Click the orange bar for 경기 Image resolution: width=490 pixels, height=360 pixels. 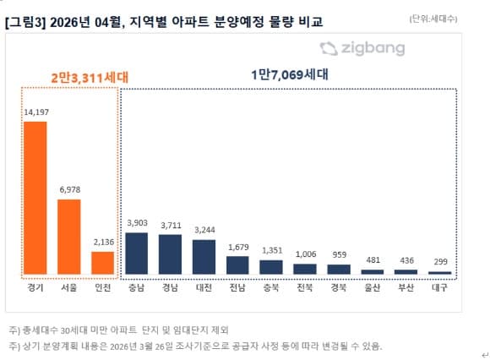pos(35,198)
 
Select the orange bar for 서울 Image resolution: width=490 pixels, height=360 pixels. pos(68,237)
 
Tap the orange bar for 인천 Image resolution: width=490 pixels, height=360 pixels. pos(102,263)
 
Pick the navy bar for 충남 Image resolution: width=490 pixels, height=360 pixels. pos(136,254)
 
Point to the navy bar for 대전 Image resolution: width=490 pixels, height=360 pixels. pos(204,257)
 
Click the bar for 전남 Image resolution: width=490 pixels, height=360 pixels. pos(237,265)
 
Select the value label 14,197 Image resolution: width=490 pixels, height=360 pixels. pos(35,113)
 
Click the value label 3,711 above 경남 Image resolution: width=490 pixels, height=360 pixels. pos(170,226)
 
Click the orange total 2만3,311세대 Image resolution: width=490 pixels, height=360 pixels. pos(68,76)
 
